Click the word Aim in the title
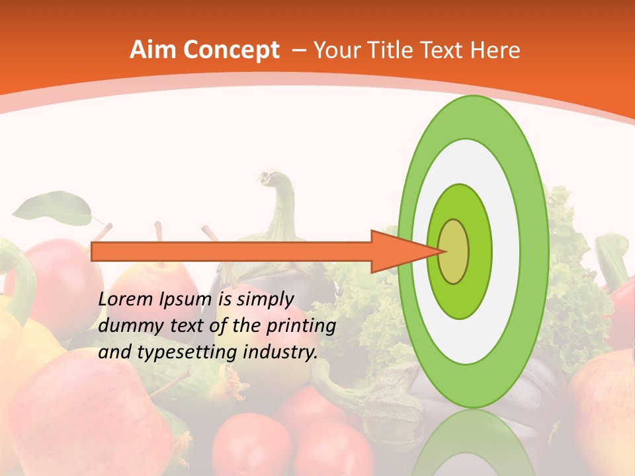151,50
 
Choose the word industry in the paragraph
280,352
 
